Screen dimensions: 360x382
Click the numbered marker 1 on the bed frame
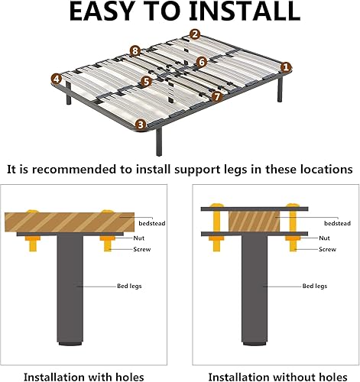pyautogui.click(x=286, y=67)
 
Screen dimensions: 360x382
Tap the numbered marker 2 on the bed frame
pyautogui.click(x=195, y=34)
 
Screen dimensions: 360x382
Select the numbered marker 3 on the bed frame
pyautogui.click(x=141, y=125)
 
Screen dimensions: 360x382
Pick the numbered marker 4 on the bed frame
pyautogui.click(x=57, y=79)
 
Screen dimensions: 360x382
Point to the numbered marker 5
pyautogui.click(x=146, y=82)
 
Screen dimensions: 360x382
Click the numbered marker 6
pyautogui.click(x=202, y=62)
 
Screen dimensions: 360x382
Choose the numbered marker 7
pyautogui.click(x=217, y=96)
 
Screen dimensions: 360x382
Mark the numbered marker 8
pyautogui.click(x=135, y=51)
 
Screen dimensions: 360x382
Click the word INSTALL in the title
pyautogui.click(x=245, y=11)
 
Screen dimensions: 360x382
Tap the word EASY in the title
pyautogui.click(x=102, y=11)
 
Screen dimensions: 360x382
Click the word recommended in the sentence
pyautogui.click(x=74, y=169)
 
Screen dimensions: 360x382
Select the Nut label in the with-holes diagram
pyautogui.click(x=139, y=238)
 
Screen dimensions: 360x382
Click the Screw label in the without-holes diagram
pyautogui.click(x=327, y=249)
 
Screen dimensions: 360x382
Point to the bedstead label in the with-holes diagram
pyautogui.click(x=152, y=223)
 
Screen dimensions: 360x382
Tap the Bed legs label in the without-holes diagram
pyautogui.click(x=315, y=286)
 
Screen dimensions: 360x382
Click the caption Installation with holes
pyautogui.click(x=84, y=377)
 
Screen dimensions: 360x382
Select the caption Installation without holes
pyautogui.click(x=277, y=377)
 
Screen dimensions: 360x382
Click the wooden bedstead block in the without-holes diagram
pyautogui.click(x=254, y=222)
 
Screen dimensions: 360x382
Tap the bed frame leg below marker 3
pyautogui.click(x=159, y=141)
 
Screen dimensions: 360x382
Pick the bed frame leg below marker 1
pyautogui.click(x=280, y=89)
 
